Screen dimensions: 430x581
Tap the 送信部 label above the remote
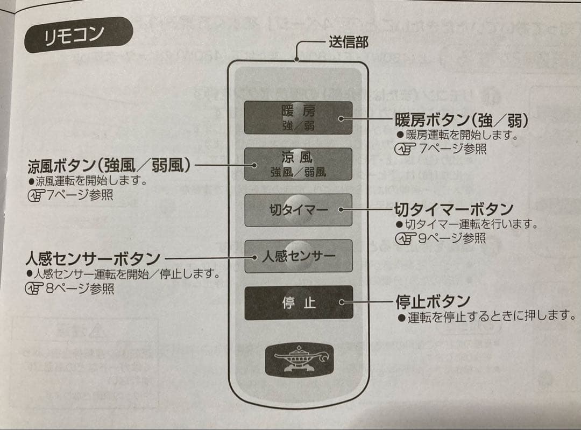[348, 42]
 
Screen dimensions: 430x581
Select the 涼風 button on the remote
[297, 164]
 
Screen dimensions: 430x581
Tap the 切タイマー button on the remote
[298, 210]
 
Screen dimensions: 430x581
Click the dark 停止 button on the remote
[298, 302]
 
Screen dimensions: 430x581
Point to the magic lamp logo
[299, 359]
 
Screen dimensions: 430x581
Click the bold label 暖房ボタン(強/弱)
[460, 119]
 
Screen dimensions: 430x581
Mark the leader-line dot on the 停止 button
[342, 302]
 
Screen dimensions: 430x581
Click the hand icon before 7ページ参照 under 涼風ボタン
[36, 195]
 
